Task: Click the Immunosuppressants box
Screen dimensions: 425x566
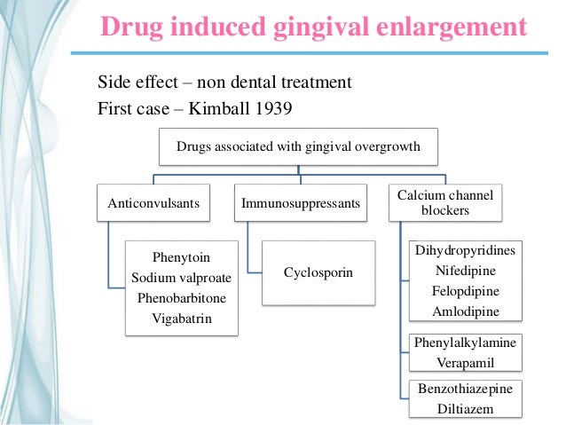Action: coord(301,203)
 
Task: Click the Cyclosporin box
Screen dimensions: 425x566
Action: coord(318,272)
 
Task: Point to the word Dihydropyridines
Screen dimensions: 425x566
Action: coord(466,251)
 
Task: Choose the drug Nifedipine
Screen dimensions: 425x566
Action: coord(466,271)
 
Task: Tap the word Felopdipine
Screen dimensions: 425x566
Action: coord(466,291)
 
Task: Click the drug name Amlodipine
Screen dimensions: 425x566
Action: coord(466,311)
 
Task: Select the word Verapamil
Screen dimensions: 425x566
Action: coord(466,362)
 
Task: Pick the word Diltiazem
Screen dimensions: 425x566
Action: coord(466,408)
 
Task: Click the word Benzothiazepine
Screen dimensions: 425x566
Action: coord(466,389)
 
